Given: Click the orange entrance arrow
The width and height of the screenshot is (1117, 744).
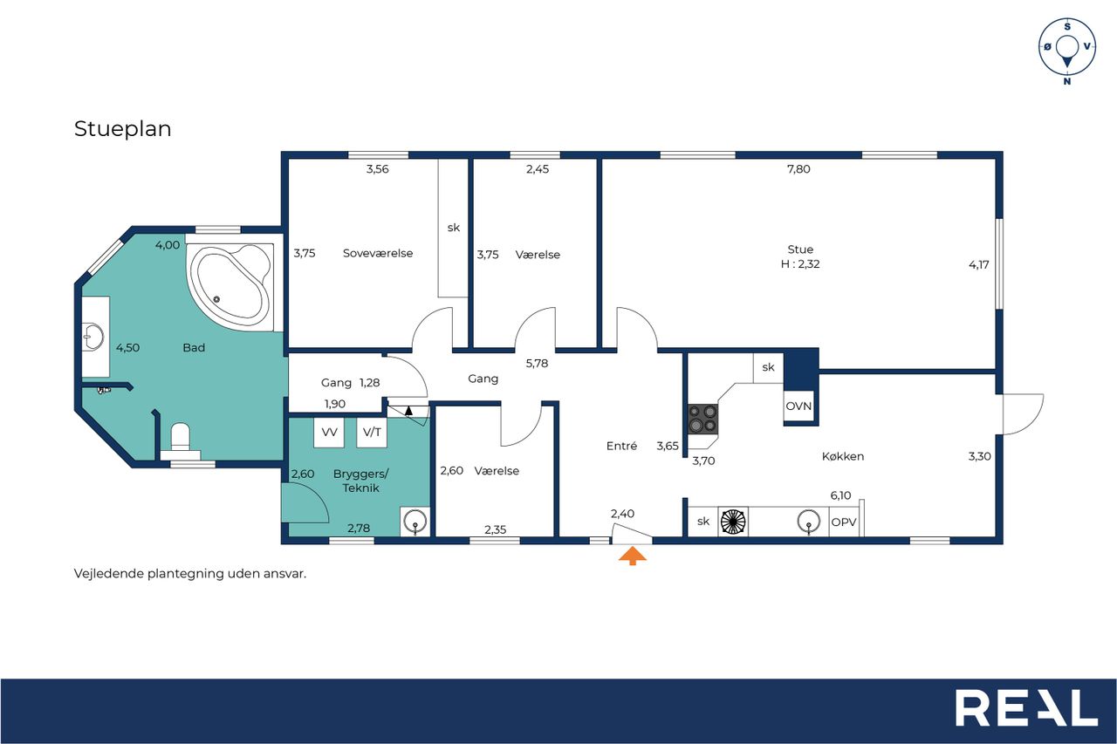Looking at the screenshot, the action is [633, 555].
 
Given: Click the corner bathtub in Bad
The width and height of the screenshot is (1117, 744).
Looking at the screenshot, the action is [230, 287].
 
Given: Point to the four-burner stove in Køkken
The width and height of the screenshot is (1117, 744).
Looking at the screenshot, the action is [703, 419].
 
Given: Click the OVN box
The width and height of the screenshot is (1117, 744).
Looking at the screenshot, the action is [798, 406].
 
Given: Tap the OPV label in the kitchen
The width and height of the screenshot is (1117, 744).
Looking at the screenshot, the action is [844, 522].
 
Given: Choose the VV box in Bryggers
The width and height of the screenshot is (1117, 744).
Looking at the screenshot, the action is [329, 432].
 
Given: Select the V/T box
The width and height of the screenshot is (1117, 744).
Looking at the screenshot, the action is [372, 432].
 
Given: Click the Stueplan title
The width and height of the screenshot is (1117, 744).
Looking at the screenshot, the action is [123, 128].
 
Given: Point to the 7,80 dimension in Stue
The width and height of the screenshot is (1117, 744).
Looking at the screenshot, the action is [798, 169].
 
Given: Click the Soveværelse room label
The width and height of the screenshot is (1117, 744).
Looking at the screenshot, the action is [378, 253].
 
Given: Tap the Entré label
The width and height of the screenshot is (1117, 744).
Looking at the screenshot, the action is [622, 446].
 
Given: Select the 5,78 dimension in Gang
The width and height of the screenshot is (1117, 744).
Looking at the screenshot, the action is [537, 364].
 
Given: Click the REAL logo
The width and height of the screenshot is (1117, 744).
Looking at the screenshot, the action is [1027, 708].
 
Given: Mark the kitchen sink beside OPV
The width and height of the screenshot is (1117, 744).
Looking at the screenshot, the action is [809, 522].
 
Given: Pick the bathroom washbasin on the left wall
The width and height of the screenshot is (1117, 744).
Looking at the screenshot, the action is [93, 337].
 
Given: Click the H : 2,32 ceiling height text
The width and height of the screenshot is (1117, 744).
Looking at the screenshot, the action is [800, 264].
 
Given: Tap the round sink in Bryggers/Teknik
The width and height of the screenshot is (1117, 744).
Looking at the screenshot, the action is [415, 522].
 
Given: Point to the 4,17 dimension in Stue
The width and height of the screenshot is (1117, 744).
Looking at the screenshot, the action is [979, 264].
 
